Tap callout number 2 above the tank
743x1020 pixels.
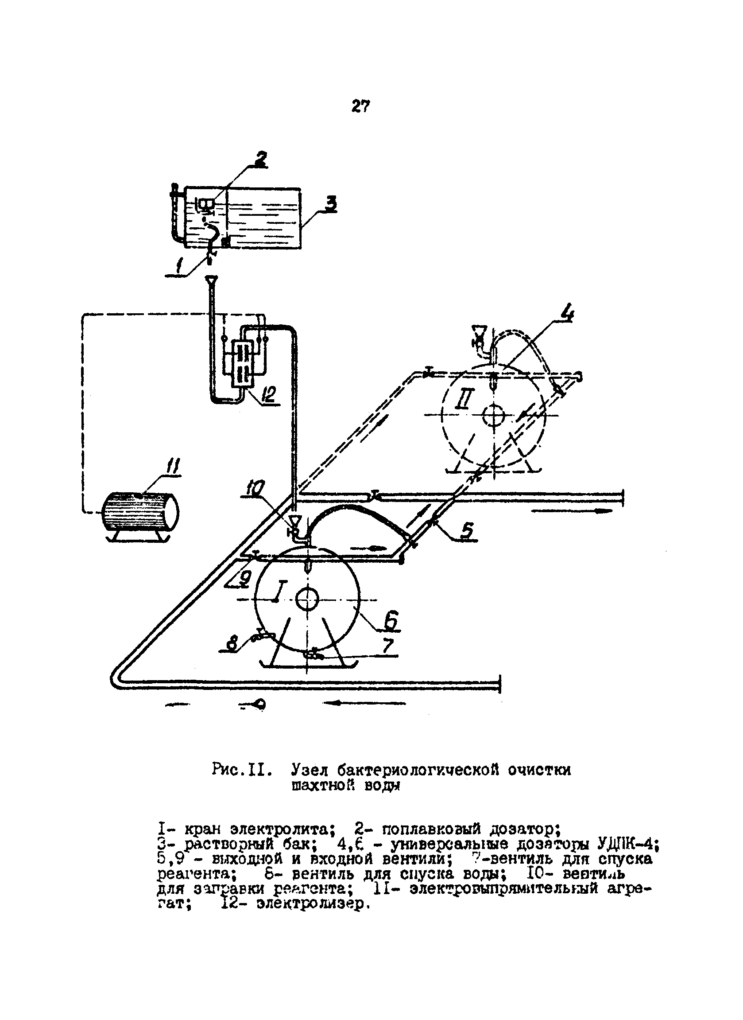(260, 159)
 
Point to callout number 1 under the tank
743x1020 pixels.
(179, 267)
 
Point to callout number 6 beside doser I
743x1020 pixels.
(391, 621)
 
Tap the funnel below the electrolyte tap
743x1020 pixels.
(210, 281)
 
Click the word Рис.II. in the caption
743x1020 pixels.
(242, 770)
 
